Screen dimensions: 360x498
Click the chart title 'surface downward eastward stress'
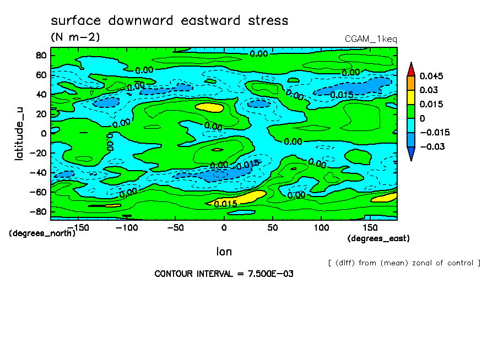click(169, 21)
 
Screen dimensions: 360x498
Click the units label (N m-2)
click(75, 37)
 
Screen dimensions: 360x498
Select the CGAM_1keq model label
click(370, 39)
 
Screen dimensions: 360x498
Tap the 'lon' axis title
click(224, 252)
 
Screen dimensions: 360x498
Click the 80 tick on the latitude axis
click(40, 55)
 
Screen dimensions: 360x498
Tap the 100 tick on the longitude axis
click(321, 227)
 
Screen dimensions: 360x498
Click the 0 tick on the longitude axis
click(224, 227)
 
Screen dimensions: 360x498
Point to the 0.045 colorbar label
click(431, 76)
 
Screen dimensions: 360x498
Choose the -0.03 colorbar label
click(431, 146)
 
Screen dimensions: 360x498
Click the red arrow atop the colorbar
click(411, 68)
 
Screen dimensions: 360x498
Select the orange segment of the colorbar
click(411, 83)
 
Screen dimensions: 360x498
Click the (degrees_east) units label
click(378, 238)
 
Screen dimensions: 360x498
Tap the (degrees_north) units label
click(42, 233)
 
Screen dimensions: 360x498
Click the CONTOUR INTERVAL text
click(224, 274)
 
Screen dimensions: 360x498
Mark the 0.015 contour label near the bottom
click(226, 204)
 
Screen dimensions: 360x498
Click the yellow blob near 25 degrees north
click(208, 107)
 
